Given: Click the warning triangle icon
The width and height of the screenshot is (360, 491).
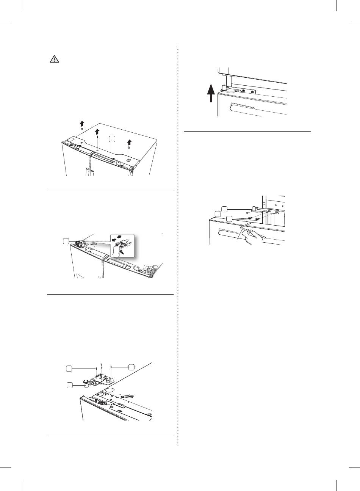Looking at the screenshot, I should pos(54,60).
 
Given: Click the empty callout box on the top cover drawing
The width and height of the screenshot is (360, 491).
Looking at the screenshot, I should pos(112,139).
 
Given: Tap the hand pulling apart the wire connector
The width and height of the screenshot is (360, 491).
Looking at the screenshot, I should pos(122,251).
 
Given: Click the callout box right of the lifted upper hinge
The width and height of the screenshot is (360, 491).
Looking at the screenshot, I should pos(131,367).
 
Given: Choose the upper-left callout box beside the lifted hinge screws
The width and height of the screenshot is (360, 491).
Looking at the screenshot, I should pos(69,368).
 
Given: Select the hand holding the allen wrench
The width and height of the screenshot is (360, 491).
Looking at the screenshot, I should pos(251,238).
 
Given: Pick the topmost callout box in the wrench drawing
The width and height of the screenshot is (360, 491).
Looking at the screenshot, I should pos(224,208).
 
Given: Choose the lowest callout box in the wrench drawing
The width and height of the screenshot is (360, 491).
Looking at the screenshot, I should pos(229,219).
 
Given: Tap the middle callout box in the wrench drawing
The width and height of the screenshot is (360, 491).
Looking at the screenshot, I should pos(217,214).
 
